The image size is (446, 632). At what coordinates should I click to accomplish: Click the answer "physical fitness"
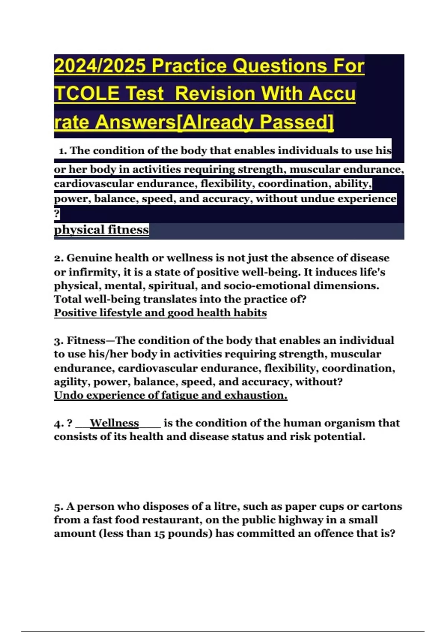[x=101, y=230]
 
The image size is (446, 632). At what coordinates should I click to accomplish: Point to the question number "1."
[x=63, y=151]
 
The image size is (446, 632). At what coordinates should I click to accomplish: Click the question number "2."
[x=59, y=258]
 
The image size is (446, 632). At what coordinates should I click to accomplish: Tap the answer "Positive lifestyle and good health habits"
[x=160, y=313]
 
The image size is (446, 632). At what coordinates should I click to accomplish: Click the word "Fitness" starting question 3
[x=86, y=341]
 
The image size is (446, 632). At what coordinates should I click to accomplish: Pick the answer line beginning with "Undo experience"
[x=171, y=395]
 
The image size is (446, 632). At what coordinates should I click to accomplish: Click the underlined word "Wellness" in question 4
[x=114, y=423]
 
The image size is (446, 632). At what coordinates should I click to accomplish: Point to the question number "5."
[x=59, y=506]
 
